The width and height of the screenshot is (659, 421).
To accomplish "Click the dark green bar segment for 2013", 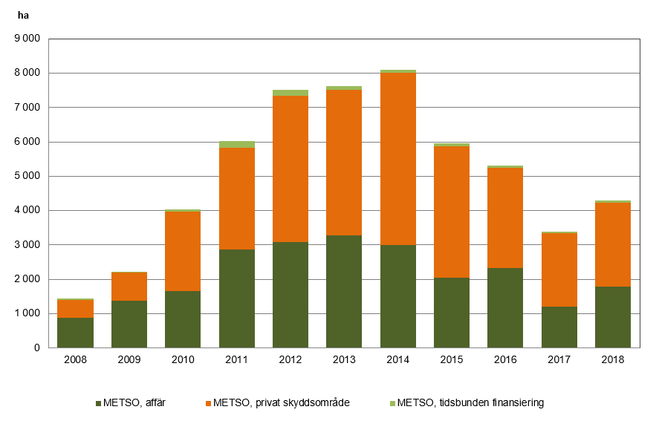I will (344, 291).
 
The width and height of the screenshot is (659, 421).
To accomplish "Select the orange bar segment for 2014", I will (397, 159).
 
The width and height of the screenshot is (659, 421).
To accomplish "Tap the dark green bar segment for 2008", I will (75, 333).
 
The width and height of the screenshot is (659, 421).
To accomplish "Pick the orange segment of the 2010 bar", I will (183, 252).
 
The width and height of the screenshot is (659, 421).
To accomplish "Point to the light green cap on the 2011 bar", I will (237, 144).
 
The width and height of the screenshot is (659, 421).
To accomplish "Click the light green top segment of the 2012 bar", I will (290, 93).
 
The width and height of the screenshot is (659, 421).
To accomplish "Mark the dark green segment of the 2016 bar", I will (505, 307).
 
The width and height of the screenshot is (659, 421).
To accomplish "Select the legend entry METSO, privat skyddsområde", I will (276, 403).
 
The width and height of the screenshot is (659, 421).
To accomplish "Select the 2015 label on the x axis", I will (452, 359).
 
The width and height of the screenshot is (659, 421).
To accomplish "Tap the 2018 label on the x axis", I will (613, 359).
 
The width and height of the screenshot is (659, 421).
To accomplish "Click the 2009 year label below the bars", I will (129, 359).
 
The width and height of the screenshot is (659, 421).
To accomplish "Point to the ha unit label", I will (23, 14).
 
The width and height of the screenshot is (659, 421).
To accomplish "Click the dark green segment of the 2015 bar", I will (452, 313).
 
